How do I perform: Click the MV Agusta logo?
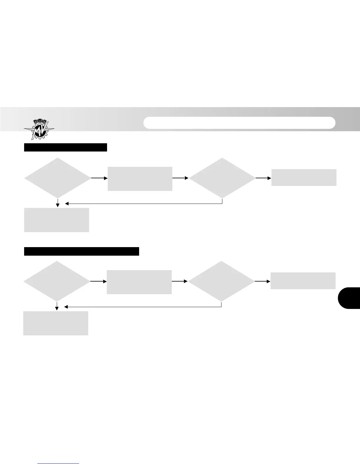point(39,129)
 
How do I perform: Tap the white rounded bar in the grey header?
point(239,123)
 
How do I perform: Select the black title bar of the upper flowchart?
point(65,147)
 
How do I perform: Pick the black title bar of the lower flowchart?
point(81,252)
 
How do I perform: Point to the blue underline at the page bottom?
point(59,463)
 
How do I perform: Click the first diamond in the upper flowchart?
point(58,178)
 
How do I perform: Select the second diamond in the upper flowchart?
point(222,178)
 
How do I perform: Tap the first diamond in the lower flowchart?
point(57,281)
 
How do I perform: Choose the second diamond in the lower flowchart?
point(221,281)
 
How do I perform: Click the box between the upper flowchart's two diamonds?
point(140,179)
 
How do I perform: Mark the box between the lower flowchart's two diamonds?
point(139,282)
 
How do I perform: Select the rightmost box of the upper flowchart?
point(304,177)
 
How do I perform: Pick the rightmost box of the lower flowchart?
point(303,281)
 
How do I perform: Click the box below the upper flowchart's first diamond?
point(56,220)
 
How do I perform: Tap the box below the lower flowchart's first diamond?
point(56,323)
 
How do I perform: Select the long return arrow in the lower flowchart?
point(143,307)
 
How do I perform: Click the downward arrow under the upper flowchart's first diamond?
point(58,203)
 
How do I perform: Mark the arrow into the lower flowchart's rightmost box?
point(263,281)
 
